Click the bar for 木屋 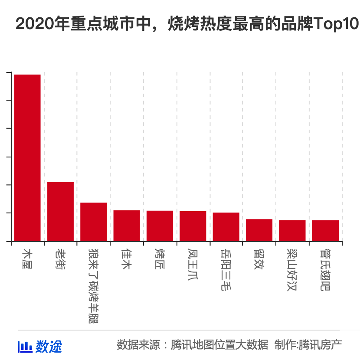tap(27, 158)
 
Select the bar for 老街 tap(60, 212)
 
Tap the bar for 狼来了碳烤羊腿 tap(93, 222)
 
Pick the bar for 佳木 tap(127, 226)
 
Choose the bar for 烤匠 tap(160, 226)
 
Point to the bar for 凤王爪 tap(193, 226)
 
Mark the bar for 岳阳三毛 tap(226, 227)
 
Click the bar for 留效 tap(259, 230)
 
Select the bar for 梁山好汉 tap(292, 231)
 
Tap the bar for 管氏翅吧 tap(325, 231)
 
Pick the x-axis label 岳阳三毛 tap(226, 269)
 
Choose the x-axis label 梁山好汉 tap(292, 269)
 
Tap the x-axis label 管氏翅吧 tap(325, 269)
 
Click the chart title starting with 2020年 tap(187, 24)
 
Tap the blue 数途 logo tap(40, 346)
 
